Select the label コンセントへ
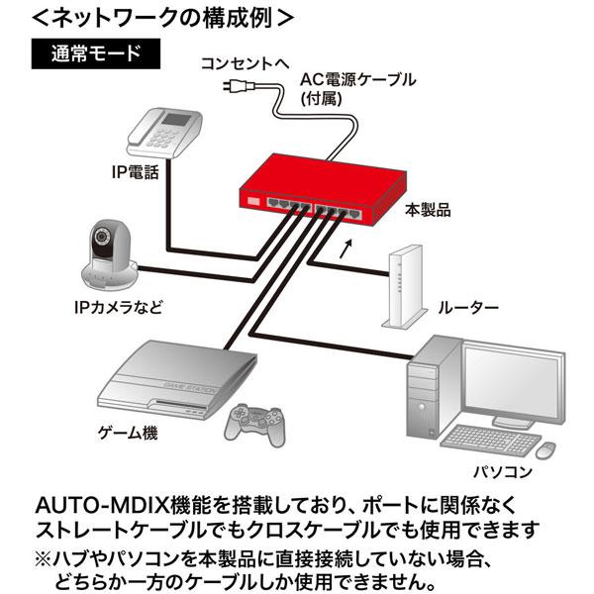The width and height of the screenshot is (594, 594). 244,62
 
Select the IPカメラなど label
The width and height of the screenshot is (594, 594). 117,306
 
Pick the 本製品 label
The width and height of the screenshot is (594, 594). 428,210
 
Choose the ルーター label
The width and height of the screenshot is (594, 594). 467,307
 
